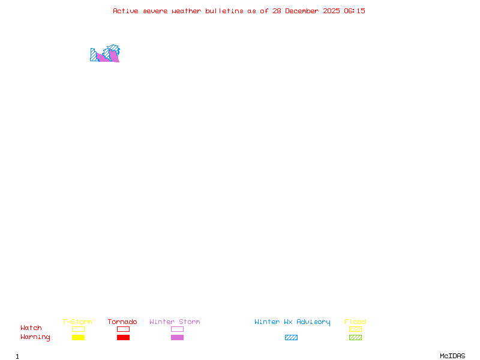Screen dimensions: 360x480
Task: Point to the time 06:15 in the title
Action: click(354, 11)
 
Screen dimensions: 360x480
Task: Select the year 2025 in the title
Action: click(332, 11)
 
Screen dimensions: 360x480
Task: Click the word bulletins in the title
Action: click(224, 11)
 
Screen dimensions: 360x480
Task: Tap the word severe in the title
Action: click(155, 11)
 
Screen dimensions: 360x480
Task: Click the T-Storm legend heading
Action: click(77, 322)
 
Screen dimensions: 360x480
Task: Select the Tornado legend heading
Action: click(122, 322)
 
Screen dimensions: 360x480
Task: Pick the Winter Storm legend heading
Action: click(175, 322)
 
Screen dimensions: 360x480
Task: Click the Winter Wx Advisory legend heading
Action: click(292, 322)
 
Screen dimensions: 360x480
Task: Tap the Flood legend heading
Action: click(355, 322)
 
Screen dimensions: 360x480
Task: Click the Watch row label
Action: click(31, 328)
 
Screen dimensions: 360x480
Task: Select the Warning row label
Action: click(35, 337)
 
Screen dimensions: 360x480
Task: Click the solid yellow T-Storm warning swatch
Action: click(78, 337)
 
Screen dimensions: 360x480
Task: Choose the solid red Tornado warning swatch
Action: click(123, 337)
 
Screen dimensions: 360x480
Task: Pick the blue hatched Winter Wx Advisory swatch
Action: click(291, 337)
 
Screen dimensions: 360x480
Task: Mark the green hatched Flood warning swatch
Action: click(355, 337)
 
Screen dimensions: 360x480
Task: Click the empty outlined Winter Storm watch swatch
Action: click(177, 329)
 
